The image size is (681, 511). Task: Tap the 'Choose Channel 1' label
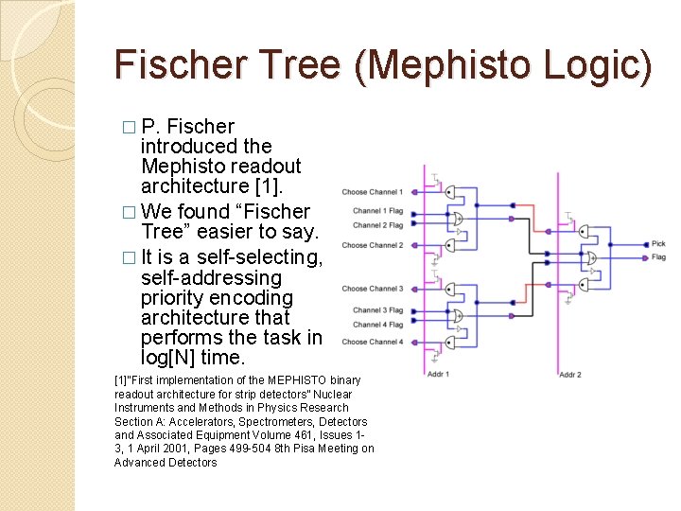(372, 192)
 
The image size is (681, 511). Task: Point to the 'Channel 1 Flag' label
(377, 211)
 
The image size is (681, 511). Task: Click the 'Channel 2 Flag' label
(377, 225)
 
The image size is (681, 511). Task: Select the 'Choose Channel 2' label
(372, 245)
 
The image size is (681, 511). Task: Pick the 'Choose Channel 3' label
(372, 289)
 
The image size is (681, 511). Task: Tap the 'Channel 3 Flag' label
(377, 310)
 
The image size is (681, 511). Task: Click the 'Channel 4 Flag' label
(377, 325)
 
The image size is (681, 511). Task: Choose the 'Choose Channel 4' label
(372, 342)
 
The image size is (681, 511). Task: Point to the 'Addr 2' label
(569, 376)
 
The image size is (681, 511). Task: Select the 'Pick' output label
(658, 244)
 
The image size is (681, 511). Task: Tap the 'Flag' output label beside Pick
(658, 256)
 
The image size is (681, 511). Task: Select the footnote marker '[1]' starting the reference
(120, 380)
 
